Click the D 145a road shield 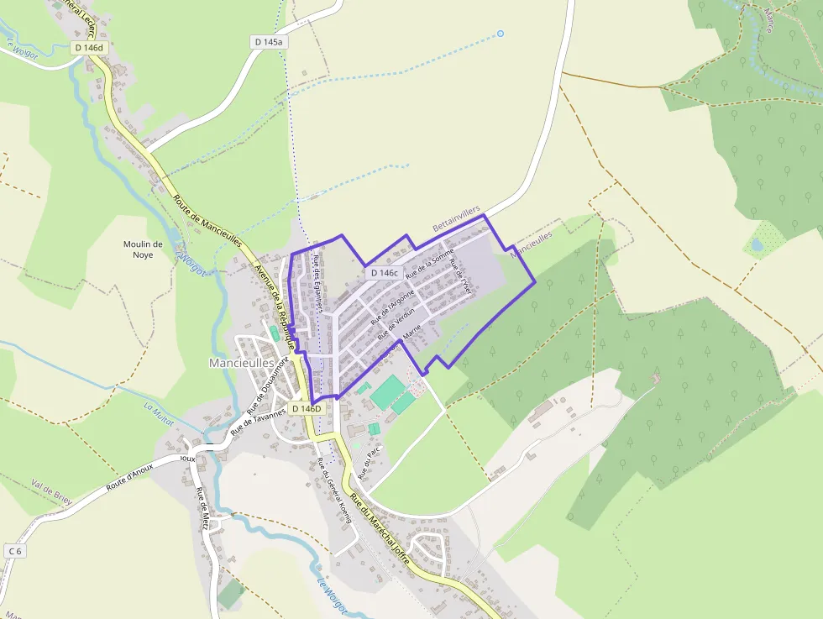[269, 41]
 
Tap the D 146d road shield [88, 48]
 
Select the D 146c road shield [383, 273]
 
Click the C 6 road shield [14, 550]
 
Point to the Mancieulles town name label [240, 363]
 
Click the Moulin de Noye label [143, 249]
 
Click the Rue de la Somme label [429, 263]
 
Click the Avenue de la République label [275, 306]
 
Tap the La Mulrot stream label [159, 414]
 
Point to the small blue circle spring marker [501, 34]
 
